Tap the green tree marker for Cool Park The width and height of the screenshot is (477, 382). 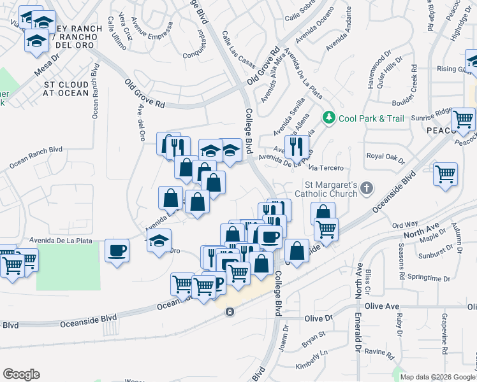click(x=329, y=117)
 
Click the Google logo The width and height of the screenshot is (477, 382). click(x=21, y=374)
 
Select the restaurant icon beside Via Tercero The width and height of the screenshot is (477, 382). click(x=297, y=146)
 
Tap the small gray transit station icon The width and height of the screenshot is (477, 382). click(x=230, y=311)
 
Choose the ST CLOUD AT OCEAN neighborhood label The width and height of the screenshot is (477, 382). click(x=66, y=88)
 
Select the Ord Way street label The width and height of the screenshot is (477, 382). click(x=405, y=225)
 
